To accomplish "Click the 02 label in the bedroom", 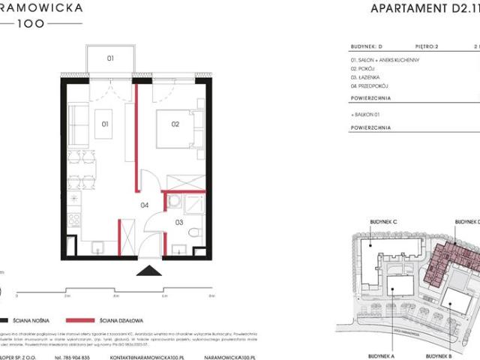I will point(175,123).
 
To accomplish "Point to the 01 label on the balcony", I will point(109,57).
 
